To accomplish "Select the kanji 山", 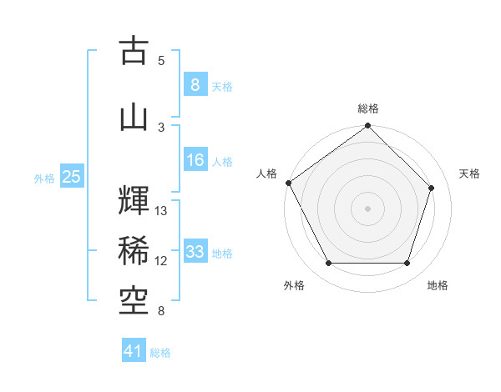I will [134, 118].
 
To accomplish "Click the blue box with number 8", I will [195, 84].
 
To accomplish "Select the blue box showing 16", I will [195, 160].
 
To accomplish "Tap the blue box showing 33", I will [195, 251].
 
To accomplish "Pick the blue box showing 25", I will [71, 177].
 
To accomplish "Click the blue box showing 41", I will [134, 351].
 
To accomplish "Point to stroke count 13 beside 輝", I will [161, 211].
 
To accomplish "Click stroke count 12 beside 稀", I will [161, 261].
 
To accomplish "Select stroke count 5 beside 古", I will [161, 61].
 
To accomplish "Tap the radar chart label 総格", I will [368, 108].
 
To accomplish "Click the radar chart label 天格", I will [470, 173].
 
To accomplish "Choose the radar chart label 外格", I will [294, 285].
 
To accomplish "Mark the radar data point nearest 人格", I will [289, 183].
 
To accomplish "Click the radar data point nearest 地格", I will [407, 264].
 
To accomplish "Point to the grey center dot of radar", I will [367, 208].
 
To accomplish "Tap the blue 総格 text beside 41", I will [160, 353].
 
